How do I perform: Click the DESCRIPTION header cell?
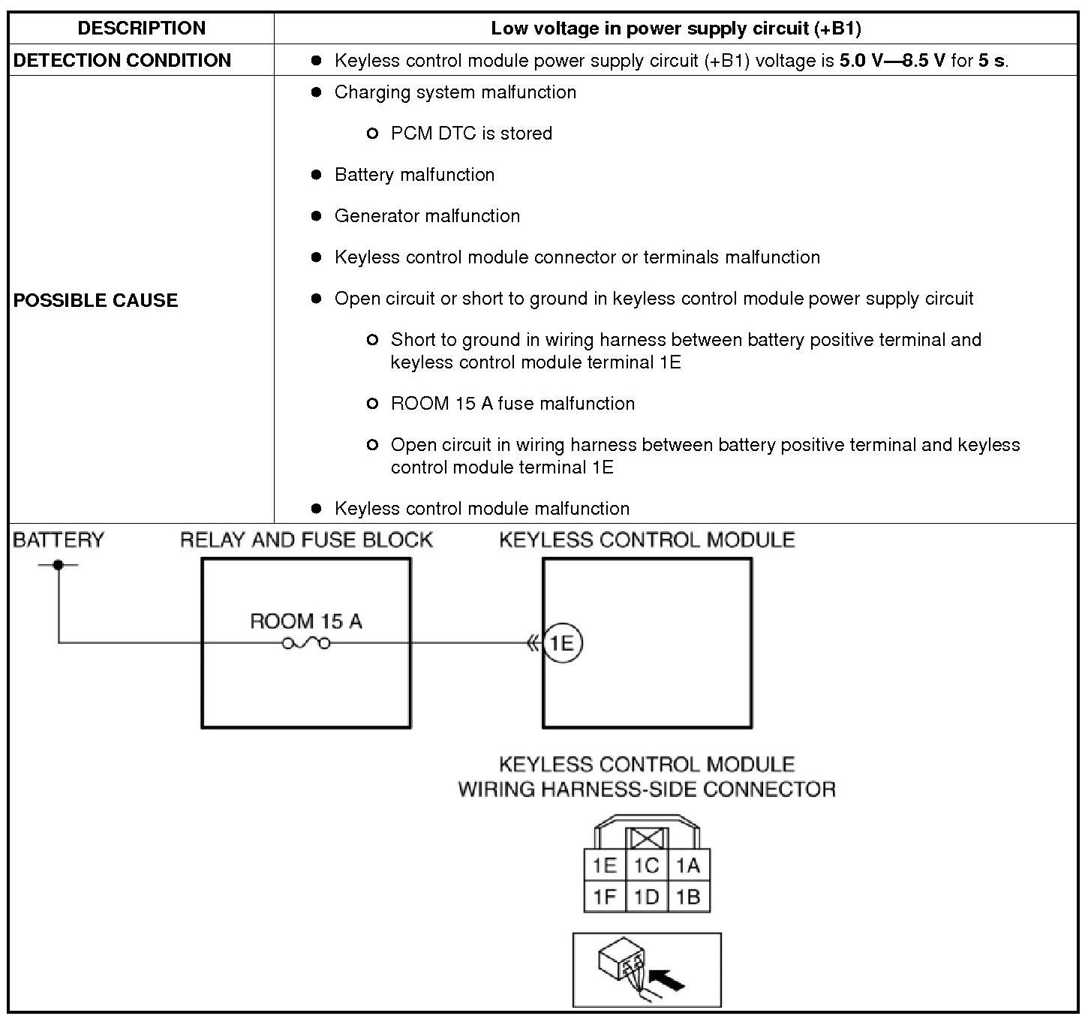141,29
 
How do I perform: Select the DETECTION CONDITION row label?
122,60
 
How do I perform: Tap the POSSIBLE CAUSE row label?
96,300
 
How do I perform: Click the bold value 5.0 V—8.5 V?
892,61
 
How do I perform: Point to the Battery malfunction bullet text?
414,175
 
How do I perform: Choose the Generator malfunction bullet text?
427,216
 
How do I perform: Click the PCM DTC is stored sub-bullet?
471,134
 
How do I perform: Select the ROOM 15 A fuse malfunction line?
512,404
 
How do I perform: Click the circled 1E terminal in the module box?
562,643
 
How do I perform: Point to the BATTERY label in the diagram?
59,540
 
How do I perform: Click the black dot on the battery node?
59,564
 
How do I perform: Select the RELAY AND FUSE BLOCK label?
306,540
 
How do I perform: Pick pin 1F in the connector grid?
605,897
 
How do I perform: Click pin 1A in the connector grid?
688,866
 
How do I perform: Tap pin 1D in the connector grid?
646,897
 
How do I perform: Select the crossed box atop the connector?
647,839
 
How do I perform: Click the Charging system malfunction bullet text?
455,92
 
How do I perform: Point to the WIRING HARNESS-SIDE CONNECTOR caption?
647,789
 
